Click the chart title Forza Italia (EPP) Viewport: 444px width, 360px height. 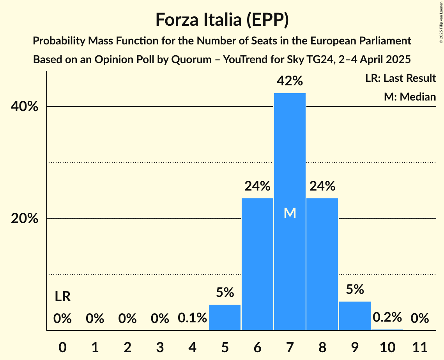(x=222, y=19)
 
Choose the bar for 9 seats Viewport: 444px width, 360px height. (x=355, y=316)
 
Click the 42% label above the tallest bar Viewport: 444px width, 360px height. (x=290, y=81)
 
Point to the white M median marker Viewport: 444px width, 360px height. (x=290, y=213)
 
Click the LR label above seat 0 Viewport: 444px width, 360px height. (x=62, y=297)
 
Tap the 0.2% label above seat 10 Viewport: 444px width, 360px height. (x=387, y=318)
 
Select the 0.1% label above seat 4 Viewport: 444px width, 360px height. (x=192, y=318)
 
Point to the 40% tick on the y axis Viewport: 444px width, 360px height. (x=25, y=107)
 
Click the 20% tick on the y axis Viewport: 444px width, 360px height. (x=25, y=219)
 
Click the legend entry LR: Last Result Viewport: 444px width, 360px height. (x=400, y=78)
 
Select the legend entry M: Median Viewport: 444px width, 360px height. (x=410, y=97)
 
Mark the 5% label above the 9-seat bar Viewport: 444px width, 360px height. (x=355, y=289)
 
